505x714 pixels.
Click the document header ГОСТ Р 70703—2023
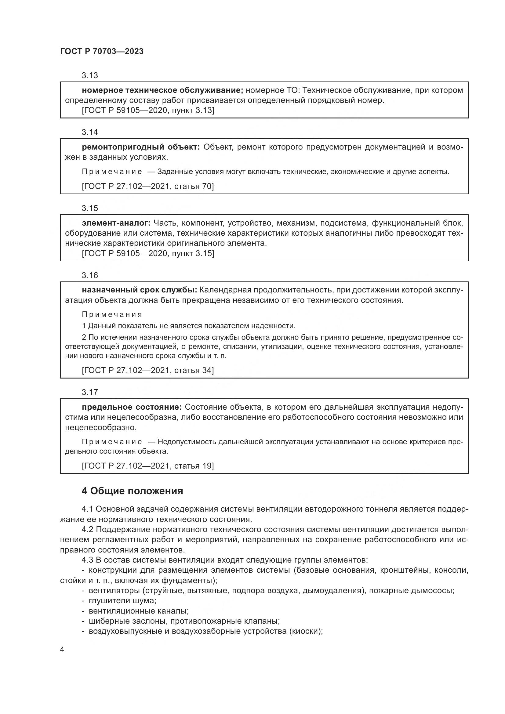[102, 51]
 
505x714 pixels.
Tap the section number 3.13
[89, 76]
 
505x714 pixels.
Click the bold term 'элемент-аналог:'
[116, 223]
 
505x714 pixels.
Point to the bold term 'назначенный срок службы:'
[139, 290]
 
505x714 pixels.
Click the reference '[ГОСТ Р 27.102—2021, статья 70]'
[148, 186]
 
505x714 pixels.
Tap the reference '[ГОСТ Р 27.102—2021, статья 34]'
[148, 370]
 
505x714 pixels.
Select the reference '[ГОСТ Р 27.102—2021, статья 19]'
[148, 466]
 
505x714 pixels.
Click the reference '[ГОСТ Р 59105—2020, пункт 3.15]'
[148, 253]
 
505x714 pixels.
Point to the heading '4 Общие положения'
[132, 491]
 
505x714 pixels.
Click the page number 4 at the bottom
[62, 650]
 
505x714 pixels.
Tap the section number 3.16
[89, 275]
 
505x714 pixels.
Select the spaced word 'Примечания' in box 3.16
[112, 314]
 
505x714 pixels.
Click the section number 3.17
[89, 392]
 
